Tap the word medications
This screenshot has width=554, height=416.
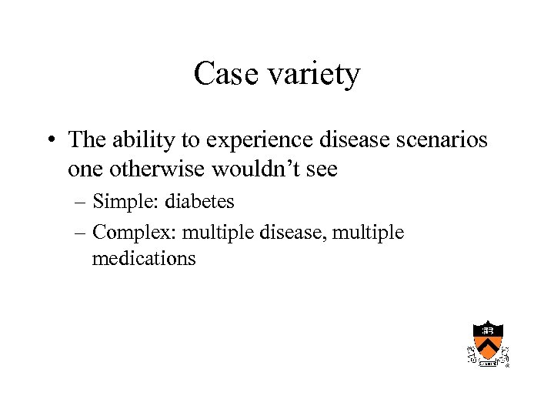tap(144, 259)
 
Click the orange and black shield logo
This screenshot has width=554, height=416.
tap(488, 344)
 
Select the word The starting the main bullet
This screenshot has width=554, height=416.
tap(86, 140)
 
